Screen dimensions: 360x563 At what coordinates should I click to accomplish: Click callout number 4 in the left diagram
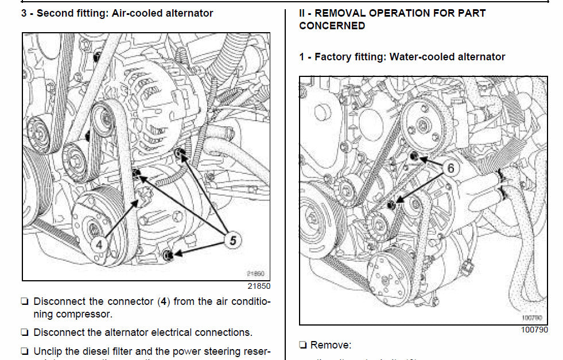pyautogui.click(x=100, y=243)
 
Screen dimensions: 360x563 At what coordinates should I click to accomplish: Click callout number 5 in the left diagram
pyautogui.click(x=232, y=241)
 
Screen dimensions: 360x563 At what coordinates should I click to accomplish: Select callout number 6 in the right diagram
pyautogui.click(x=451, y=168)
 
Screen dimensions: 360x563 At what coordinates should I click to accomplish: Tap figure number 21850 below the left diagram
pyautogui.click(x=258, y=285)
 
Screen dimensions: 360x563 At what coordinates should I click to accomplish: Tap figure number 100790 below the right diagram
pyautogui.click(x=534, y=330)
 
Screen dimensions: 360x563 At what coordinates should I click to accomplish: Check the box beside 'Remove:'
pyautogui.click(x=302, y=345)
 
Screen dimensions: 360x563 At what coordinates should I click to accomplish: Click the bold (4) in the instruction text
pyautogui.click(x=164, y=301)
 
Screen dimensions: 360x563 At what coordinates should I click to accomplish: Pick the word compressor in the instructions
pyautogui.click(x=84, y=314)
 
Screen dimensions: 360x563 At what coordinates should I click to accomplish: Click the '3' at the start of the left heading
pyautogui.click(x=24, y=13)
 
